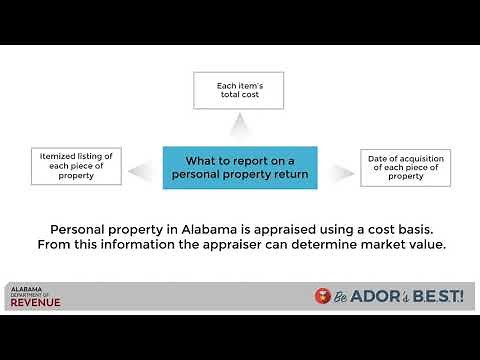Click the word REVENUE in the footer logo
pyautogui.click(x=36, y=302)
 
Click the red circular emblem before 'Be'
pyautogui.click(x=322, y=297)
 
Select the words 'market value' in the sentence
pyautogui.click(x=400, y=244)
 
